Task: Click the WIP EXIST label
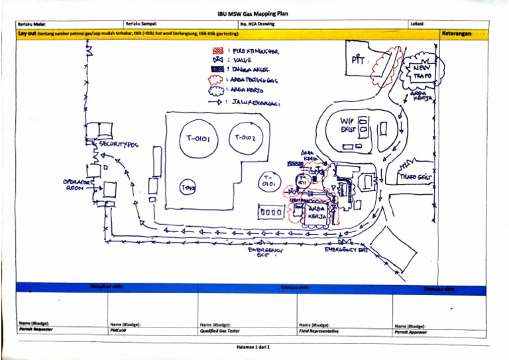coord(348,125)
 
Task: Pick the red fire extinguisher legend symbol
coord(216,50)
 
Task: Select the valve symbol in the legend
coord(216,60)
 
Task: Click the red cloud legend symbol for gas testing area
coord(216,80)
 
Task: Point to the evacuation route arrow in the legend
coord(216,101)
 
